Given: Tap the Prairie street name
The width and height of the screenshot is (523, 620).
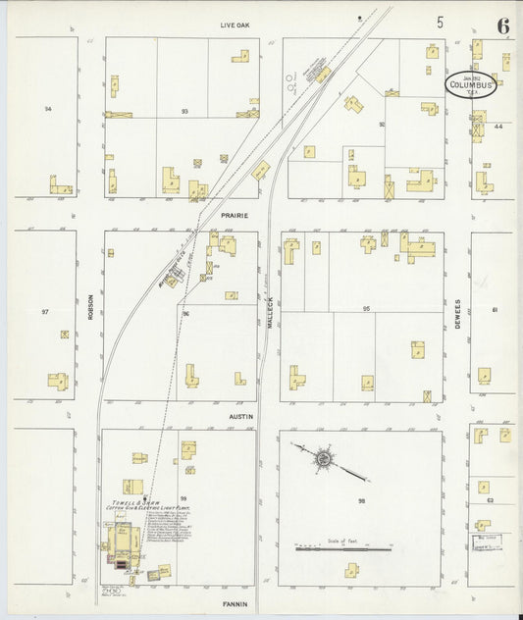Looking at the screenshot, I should pos(234,215).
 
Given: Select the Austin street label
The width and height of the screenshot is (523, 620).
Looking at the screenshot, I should pos(241,417).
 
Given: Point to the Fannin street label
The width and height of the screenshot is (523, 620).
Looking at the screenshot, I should pos(235,604).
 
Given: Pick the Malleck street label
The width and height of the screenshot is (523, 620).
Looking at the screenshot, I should pos(269,311).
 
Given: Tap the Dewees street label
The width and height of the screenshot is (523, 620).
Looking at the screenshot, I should pos(457,314).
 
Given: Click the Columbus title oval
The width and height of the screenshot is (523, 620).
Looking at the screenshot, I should pos(471,84).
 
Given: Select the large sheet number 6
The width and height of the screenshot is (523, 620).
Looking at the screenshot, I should pos(502,26).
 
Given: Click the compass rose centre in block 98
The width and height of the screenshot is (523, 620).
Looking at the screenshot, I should pos(323,458).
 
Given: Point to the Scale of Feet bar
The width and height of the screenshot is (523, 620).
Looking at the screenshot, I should pos(331,549).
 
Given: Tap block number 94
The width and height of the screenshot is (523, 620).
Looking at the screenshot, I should pos(47,108).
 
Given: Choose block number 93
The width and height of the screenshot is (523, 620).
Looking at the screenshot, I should pos(184,111).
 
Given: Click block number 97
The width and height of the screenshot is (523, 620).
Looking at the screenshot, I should pos(45,311).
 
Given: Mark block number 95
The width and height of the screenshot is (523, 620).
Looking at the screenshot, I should pos(366,309).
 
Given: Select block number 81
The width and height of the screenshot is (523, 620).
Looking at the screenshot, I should pos(496,310).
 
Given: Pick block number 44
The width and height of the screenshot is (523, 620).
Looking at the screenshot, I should pos(498,127).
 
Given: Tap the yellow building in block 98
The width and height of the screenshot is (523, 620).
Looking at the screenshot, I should pos(351,570).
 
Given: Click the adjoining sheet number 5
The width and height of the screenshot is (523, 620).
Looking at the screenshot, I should pos(441,22).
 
